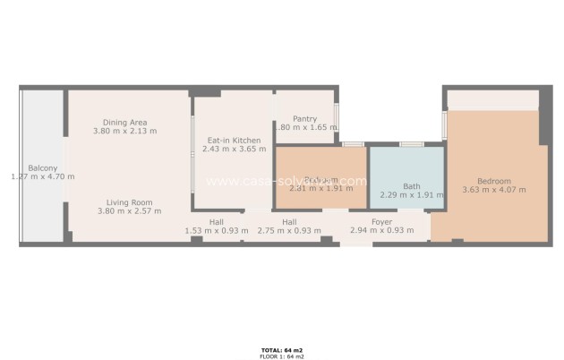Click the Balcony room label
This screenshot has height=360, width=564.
coord(42,167)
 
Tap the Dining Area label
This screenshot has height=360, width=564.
coord(124,122)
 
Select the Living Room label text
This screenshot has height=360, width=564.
coord(129,202)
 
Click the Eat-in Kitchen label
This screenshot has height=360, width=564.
coord(234,141)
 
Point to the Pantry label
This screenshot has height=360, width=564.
coord(305,118)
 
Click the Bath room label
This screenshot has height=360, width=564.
coord(411,186)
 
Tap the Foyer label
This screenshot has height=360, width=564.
coord(381,221)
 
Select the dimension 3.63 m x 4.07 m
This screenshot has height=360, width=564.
coord(493,189)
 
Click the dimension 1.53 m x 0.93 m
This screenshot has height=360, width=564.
coord(217,230)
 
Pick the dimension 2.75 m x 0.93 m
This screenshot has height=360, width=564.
coord(288,230)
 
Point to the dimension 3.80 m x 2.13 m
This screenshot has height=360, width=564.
coord(124,131)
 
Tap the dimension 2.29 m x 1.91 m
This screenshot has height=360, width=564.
coord(411,195)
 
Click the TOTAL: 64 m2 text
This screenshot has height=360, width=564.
coord(281,349)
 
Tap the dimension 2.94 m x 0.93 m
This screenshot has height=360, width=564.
coord(381,230)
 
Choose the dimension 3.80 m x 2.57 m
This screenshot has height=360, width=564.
coord(129,211)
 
